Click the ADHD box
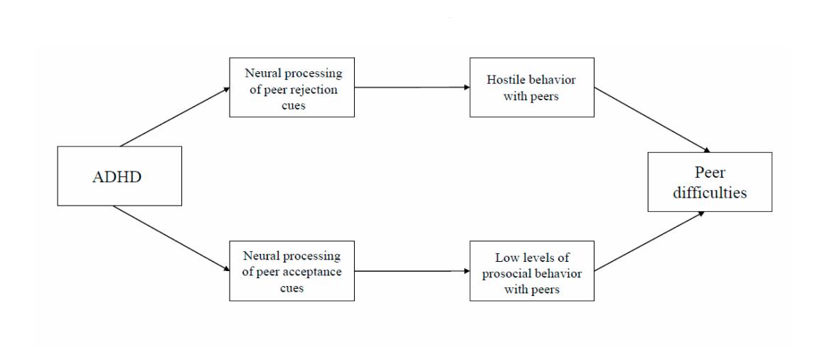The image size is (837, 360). [119, 176]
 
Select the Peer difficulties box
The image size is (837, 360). [710, 181]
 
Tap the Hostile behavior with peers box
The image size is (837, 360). [532, 87]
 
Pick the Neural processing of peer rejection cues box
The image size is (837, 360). [292, 87]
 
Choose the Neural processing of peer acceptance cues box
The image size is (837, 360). [292, 271]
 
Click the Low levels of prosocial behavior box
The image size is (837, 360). [532, 271]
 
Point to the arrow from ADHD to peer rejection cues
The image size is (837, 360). [175, 117]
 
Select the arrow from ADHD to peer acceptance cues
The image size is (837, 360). [172, 239]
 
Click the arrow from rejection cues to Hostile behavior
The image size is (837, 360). [412, 87]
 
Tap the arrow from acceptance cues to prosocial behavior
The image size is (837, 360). [412, 271]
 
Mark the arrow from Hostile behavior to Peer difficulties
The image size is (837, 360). [652, 120]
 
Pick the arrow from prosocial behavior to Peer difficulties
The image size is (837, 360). [649, 241]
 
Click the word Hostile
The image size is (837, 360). [503, 80]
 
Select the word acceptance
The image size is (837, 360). [314, 272]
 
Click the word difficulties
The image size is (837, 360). [710, 192]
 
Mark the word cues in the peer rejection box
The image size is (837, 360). [292, 105]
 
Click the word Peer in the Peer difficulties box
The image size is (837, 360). [710, 172]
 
